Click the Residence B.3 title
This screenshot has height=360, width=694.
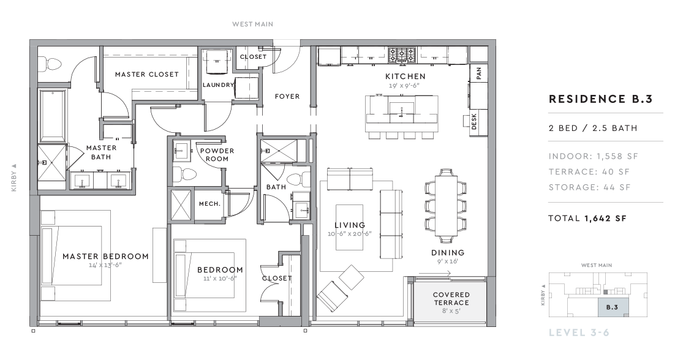(x=601, y=99)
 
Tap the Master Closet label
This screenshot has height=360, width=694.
(x=147, y=74)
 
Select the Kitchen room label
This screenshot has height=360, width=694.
(x=405, y=76)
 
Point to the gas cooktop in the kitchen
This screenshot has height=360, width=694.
(x=402, y=55)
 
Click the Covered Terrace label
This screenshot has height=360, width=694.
(x=451, y=299)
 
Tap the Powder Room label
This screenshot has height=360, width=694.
(x=217, y=154)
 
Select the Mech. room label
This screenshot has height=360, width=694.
(x=210, y=204)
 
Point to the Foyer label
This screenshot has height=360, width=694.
(x=287, y=96)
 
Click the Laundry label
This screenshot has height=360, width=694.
(x=218, y=85)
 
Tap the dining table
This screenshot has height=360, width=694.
(x=446, y=206)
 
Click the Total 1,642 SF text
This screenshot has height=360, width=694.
(x=587, y=218)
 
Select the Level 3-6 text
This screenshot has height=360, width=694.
(x=579, y=332)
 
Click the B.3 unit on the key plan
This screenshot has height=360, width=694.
(x=612, y=307)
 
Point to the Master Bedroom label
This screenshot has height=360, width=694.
(x=105, y=256)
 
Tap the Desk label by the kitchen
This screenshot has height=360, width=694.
(x=474, y=121)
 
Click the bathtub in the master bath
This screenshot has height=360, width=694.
(x=53, y=115)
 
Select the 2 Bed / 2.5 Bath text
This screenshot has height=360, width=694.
(x=593, y=128)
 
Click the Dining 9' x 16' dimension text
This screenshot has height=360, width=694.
(x=448, y=261)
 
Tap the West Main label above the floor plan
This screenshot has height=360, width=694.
(x=253, y=24)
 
